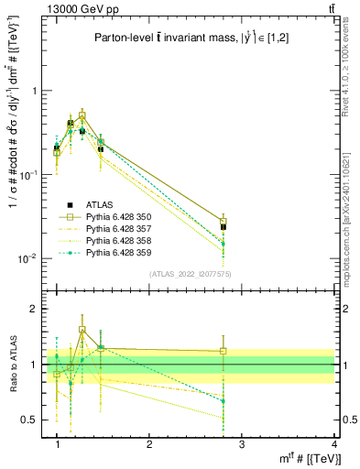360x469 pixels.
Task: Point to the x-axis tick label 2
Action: point(149,444)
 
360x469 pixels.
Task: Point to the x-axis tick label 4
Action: point(333,444)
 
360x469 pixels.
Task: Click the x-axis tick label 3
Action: point(242,444)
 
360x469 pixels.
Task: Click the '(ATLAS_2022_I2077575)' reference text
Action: point(190,274)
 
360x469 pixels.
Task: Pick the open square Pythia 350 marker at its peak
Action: point(82,116)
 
